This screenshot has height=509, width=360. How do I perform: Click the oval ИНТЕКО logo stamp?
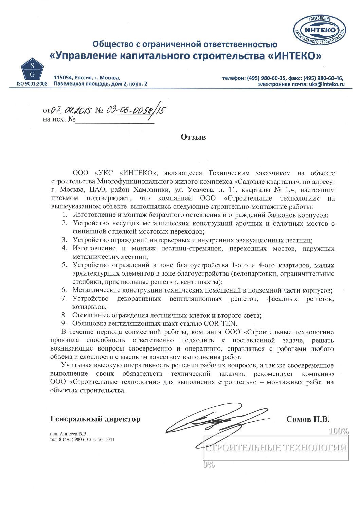coord(319,31)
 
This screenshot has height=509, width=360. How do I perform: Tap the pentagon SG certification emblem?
coord(32,70)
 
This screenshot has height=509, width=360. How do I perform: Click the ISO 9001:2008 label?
coord(32,84)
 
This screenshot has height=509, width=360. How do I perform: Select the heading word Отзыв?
coord(193,137)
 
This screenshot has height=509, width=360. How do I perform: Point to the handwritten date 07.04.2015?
coord(71,110)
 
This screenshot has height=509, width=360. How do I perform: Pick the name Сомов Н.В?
coord(308,419)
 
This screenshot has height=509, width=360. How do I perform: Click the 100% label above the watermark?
coord(339,432)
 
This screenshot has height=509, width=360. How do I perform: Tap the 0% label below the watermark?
coord(209,465)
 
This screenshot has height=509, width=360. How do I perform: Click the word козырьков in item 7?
coord(89,307)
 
